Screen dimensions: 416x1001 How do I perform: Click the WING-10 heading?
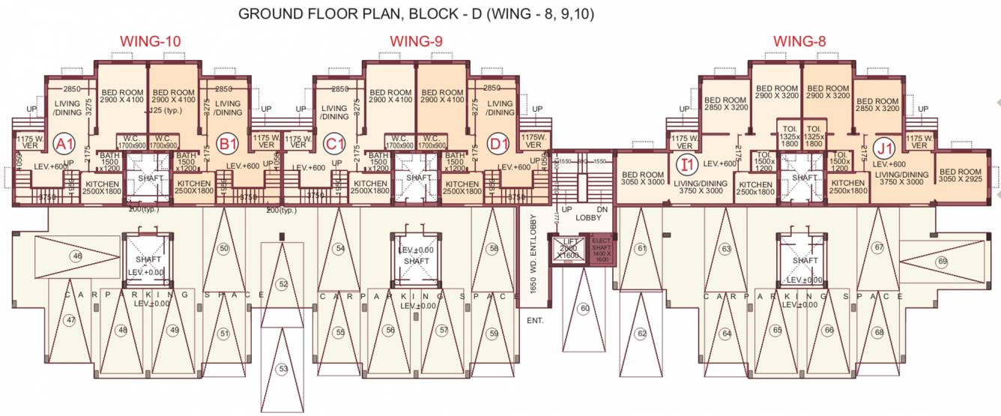tap(151, 41)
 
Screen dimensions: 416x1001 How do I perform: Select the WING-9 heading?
tap(417, 41)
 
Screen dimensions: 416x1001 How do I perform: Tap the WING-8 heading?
tap(799, 41)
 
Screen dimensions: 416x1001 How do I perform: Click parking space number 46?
tap(76, 256)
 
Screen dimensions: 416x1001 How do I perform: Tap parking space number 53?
tap(282, 369)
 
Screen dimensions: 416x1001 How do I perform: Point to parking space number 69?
tap(942, 262)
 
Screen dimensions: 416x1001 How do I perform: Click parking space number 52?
tap(282, 284)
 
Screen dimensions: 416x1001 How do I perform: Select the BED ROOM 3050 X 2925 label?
tap(961, 177)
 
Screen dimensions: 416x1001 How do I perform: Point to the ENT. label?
tap(535, 321)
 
